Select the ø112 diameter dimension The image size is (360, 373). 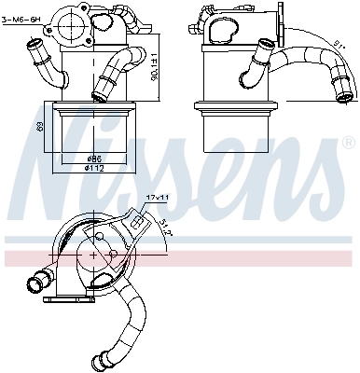coord(94,169)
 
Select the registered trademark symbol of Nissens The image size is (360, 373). coord(347,145)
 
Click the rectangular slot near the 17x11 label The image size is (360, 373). coord(138,223)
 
